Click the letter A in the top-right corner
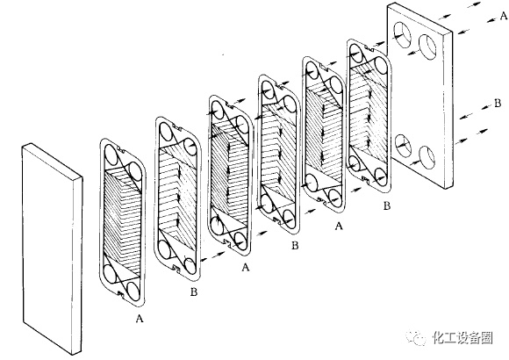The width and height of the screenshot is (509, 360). (x=504, y=15)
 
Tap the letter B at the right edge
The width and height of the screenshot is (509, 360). (x=498, y=104)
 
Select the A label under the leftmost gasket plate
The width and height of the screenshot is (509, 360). (x=140, y=319)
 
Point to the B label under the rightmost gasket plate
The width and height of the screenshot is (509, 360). (x=387, y=206)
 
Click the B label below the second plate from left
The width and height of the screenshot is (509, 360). (x=194, y=292)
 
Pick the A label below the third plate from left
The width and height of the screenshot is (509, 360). (x=246, y=268)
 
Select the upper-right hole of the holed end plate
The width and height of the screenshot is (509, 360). (x=427, y=47)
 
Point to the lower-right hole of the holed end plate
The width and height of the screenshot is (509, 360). (x=427, y=157)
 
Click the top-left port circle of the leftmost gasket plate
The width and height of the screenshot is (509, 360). (x=112, y=155)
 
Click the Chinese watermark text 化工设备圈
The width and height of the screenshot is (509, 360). (x=462, y=338)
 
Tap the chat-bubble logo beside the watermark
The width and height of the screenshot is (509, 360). (x=416, y=338)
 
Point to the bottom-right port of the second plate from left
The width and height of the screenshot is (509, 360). (x=190, y=266)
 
